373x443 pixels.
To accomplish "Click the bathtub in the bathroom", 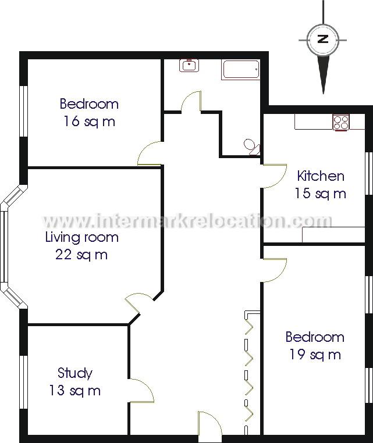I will [x=240, y=70].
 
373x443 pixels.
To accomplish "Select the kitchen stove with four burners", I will [x=341, y=122].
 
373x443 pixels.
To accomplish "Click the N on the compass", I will [x=324, y=40].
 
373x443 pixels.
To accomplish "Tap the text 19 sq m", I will [x=315, y=354].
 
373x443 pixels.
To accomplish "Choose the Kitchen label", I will [x=321, y=176].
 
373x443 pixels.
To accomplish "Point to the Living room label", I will [x=82, y=237].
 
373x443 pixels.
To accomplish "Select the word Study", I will [x=75, y=373].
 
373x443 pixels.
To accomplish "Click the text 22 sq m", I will [x=81, y=254].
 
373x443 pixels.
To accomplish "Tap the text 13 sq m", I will [x=75, y=390].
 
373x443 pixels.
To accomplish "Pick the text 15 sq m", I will [x=321, y=193].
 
